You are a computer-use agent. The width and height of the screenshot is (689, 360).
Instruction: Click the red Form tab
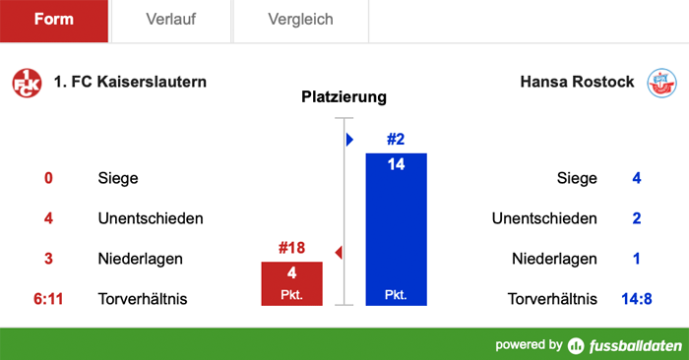53,20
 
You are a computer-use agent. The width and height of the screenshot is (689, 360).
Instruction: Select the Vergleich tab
300,20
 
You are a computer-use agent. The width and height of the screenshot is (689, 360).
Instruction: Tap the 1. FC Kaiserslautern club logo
27,83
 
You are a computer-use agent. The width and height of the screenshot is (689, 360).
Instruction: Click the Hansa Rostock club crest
661,83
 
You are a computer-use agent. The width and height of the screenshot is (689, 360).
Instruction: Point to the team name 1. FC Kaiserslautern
131,82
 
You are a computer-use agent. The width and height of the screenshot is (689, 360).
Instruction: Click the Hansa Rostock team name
577,82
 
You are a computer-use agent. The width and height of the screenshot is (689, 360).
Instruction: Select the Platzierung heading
344,97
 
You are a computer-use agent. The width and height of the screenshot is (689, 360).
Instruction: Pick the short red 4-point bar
291,283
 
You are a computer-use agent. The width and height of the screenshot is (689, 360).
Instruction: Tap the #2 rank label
396,140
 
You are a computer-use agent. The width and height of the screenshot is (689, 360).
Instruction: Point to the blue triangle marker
349,140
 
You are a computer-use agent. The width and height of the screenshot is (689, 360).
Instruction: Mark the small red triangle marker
339,253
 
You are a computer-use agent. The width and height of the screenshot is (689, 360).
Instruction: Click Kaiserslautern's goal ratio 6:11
47,299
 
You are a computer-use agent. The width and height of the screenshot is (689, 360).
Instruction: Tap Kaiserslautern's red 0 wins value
47,179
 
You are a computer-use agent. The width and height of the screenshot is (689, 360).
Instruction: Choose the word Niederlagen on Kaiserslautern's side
141,260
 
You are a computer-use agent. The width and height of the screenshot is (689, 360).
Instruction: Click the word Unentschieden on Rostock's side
544,218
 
